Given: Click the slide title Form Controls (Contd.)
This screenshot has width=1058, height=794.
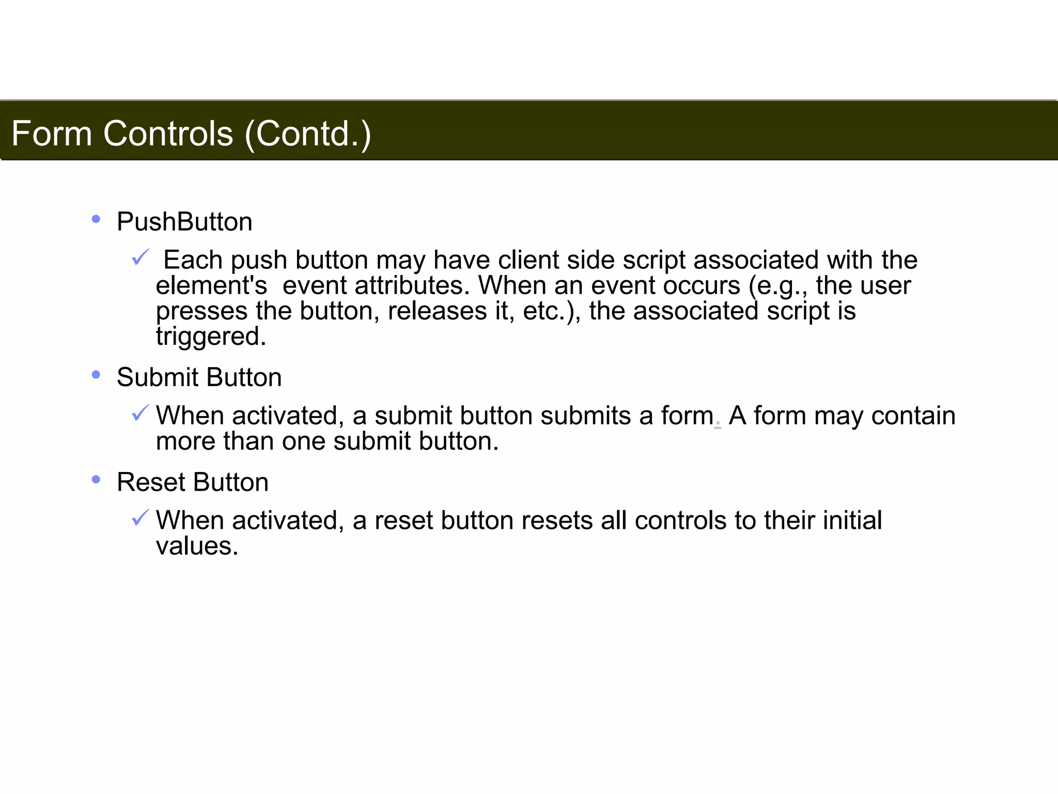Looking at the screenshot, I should [x=191, y=133].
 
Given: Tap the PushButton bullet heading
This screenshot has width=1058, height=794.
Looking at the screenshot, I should [x=184, y=222].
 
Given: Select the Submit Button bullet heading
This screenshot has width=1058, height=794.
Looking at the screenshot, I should [x=199, y=377].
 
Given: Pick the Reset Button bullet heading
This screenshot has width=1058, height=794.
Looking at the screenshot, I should [x=192, y=482].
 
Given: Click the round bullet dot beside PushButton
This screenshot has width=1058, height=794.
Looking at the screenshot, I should [x=96, y=219].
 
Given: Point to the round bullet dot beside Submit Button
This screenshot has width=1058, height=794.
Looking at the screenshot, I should [x=96, y=375].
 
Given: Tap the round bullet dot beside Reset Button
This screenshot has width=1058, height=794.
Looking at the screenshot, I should [x=96, y=480].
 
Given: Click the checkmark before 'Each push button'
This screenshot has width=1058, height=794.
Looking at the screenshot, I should [x=140, y=257].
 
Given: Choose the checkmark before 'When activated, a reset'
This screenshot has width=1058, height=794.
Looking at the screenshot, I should [x=140, y=517].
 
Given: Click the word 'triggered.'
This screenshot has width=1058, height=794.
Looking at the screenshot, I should [x=211, y=337].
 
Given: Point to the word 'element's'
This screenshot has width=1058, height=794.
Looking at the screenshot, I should [x=211, y=285].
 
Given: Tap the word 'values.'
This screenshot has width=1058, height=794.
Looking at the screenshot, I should [x=197, y=546].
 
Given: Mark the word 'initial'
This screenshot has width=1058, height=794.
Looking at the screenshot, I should [x=852, y=520].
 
